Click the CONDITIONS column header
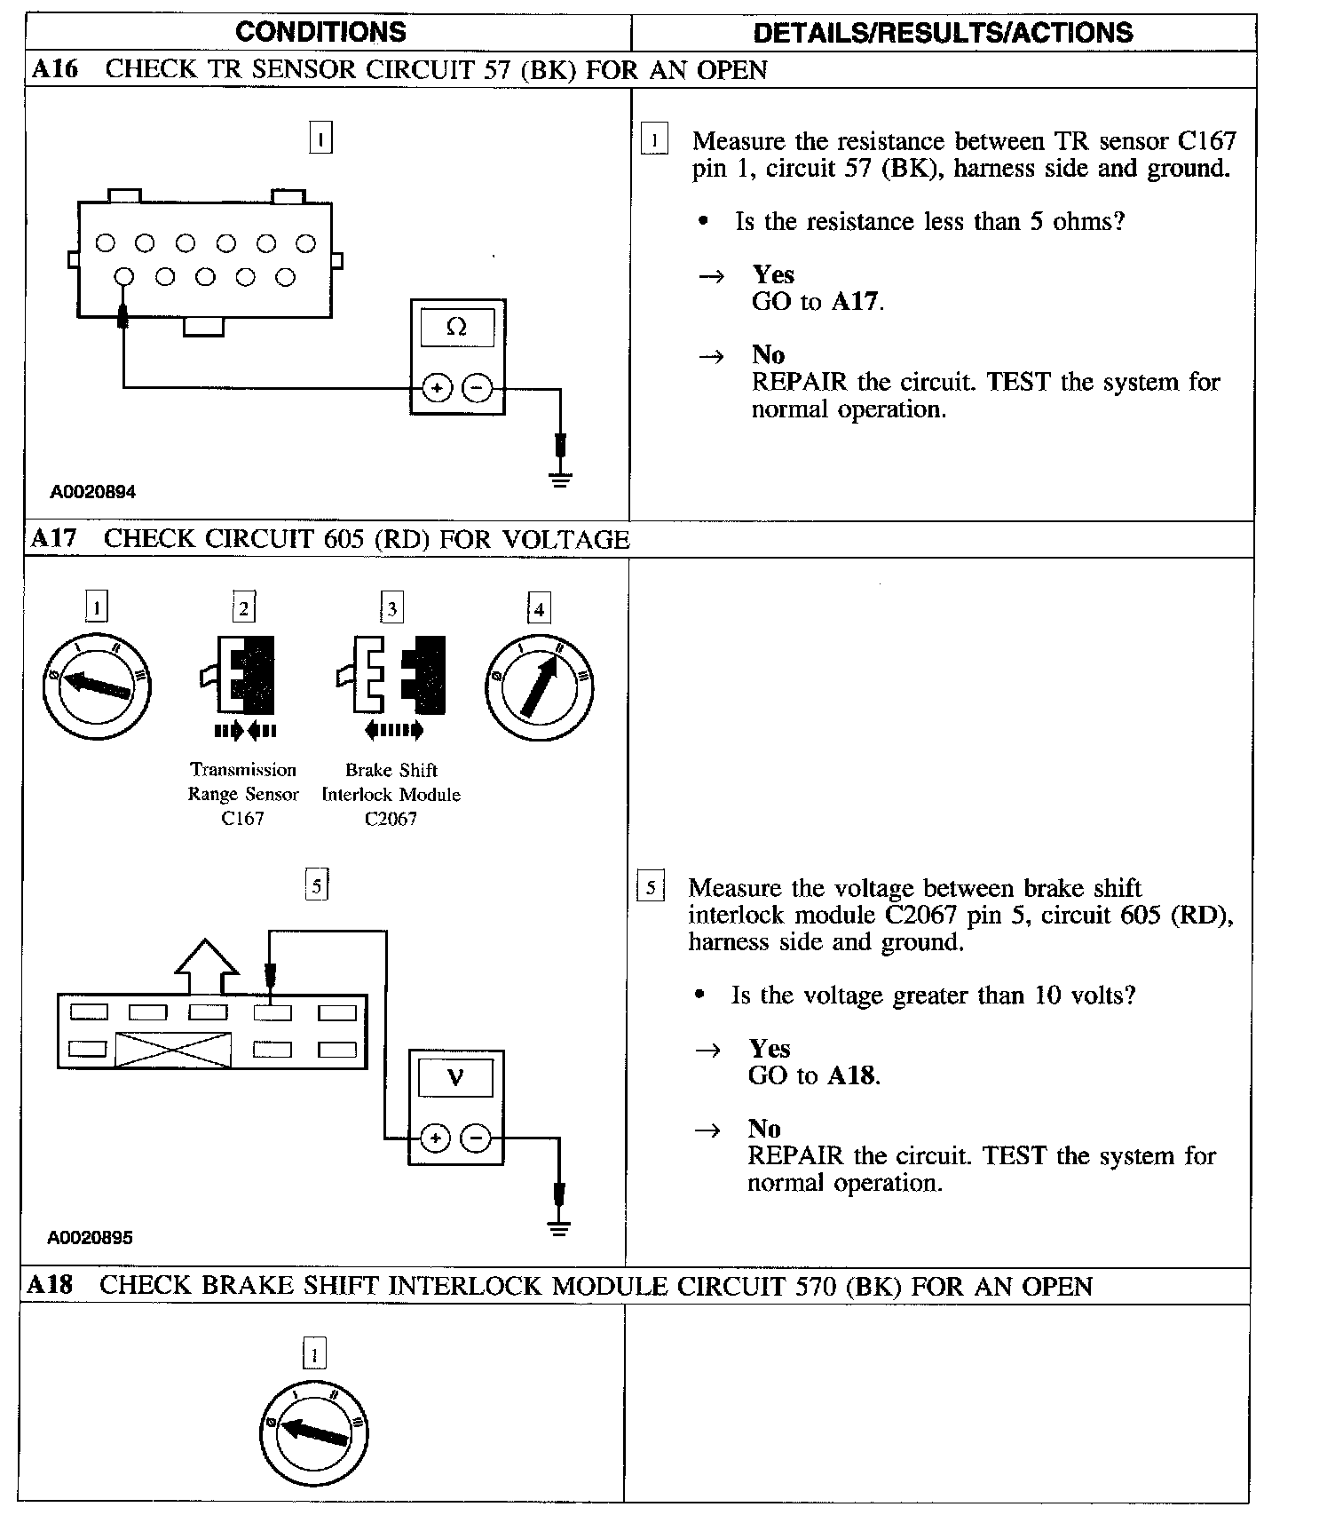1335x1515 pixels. tap(320, 32)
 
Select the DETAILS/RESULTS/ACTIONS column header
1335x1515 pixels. tap(943, 33)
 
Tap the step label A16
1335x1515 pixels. tap(55, 69)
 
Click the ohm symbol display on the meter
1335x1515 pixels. tap(457, 327)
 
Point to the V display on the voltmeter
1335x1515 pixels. tap(455, 1078)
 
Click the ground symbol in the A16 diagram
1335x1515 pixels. tap(560, 480)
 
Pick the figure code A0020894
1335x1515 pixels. tap(93, 492)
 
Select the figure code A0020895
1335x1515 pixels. tap(91, 1237)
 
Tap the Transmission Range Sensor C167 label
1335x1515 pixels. tap(242, 794)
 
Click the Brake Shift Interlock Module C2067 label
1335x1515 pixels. tap(391, 794)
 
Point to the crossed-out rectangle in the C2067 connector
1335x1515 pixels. tap(174, 1050)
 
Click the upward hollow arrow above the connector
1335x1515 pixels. tap(207, 967)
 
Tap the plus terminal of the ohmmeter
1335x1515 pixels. tap(437, 388)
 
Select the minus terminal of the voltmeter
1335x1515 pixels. tap(477, 1138)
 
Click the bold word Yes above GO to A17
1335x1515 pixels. tap(773, 274)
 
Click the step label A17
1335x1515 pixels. tap(53, 538)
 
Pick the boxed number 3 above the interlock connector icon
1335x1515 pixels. tap(391, 608)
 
